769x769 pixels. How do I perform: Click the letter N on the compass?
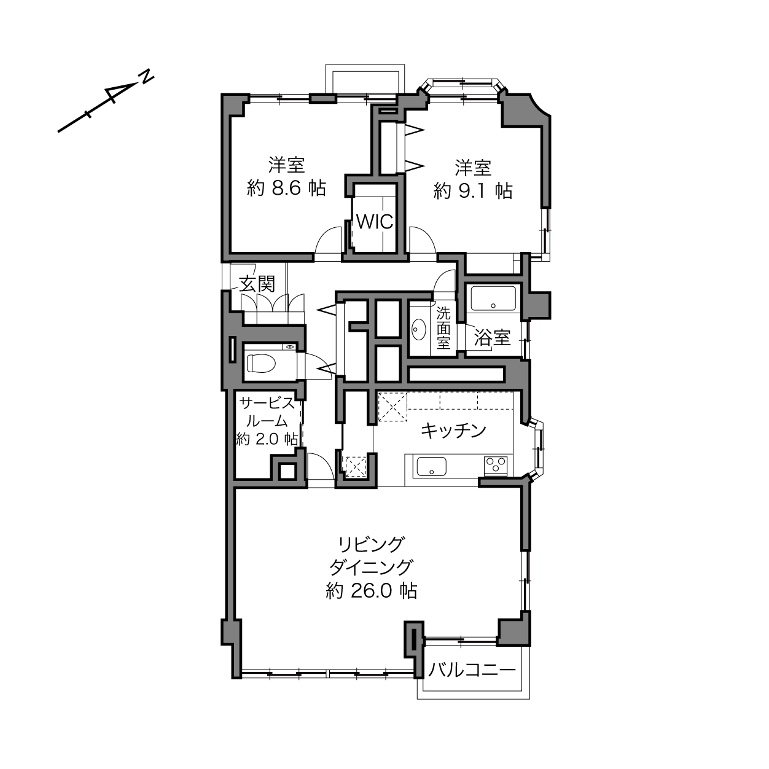click(x=147, y=77)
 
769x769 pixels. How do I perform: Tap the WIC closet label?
click(x=375, y=222)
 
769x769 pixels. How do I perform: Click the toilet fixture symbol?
click(x=262, y=363)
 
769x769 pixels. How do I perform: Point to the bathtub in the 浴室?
click(x=493, y=298)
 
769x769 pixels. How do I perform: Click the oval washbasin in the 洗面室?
click(x=419, y=330)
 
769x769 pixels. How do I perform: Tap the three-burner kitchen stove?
click(x=496, y=466)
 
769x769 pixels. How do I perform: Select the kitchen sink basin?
click(x=431, y=467)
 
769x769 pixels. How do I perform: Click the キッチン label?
click(x=454, y=431)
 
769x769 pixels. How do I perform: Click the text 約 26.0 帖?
click(x=372, y=591)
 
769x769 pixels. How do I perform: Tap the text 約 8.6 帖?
click(x=286, y=189)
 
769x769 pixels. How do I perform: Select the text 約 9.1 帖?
click(x=473, y=191)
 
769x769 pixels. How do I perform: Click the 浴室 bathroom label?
click(x=493, y=338)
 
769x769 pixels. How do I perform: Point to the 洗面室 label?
click(x=443, y=327)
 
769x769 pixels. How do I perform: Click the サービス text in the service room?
click(x=268, y=403)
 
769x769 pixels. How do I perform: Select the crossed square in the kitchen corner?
click(x=392, y=407)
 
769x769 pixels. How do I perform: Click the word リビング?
click(x=371, y=545)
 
